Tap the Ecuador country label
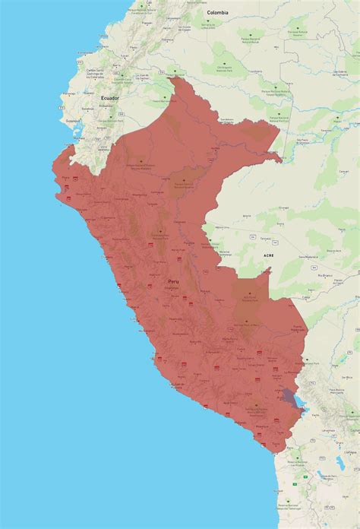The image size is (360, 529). pyautogui.click(x=110, y=98)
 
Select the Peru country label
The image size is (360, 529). pyautogui.click(x=174, y=281)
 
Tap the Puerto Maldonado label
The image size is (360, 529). pyautogui.click(x=297, y=330)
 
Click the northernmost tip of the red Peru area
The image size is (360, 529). pyautogui.click(x=174, y=77)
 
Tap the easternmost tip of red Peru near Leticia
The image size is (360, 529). pyautogui.click(x=282, y=160)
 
